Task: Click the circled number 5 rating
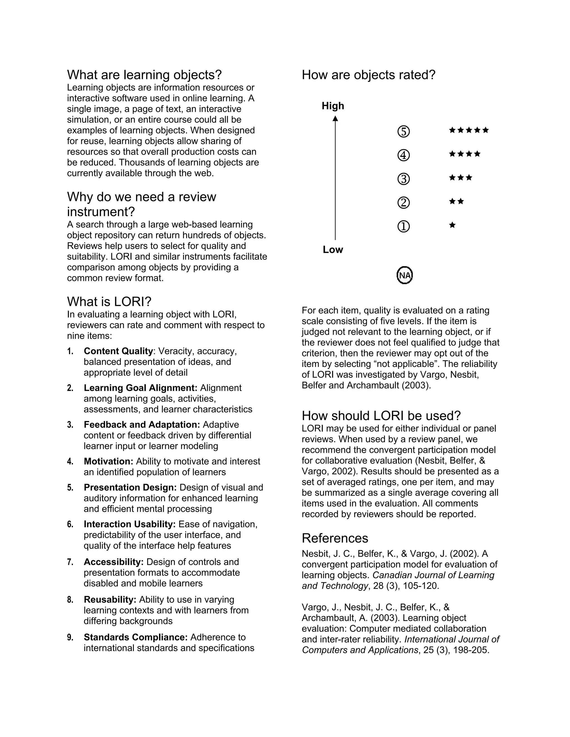[404, 131]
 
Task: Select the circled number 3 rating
[404, 179]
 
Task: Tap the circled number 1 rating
[404, 226]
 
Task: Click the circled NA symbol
[404, 275]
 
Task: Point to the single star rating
[453, 225]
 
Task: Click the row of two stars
[456, 201]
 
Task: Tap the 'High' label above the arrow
[333, 106]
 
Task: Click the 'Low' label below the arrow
[333, 250]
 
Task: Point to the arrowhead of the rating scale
[335, 118]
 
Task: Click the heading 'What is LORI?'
[109, 301]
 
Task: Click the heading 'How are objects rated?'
[368, 75]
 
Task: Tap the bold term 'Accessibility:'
[114, 562]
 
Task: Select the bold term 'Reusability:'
[110, 600]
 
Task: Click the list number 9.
[70, 637]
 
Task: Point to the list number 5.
[70, 488]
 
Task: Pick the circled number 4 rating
[404, 155]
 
